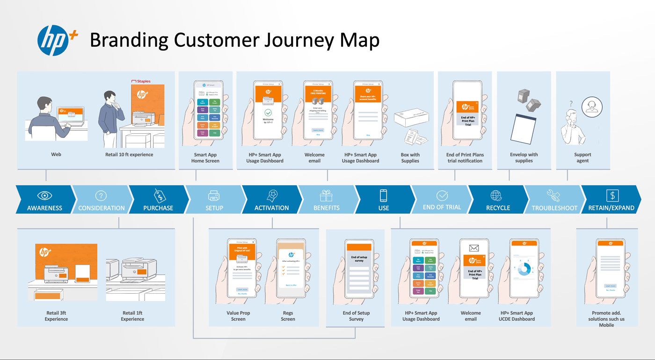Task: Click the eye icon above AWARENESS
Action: click(x=45, y=195)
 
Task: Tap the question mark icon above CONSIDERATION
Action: click(x=101, y=196)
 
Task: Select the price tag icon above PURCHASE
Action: click(x=159, y=195)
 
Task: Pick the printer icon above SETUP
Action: click(x=214, y=195)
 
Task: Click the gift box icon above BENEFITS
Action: click(x=326, y=195)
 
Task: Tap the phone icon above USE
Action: click(x=383, y=195)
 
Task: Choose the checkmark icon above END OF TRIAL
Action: click(x=442, y=195)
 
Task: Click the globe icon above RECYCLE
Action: click(x=496, y=195)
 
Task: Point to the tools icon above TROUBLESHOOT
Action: click(x=553, y=195)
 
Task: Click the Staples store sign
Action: click(x=141, y=81)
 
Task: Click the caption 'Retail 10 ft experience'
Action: click(x=129, y=155)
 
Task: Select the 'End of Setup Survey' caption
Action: click(x=356, y=316)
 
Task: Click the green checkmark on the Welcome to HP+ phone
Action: click(x=268, y=113)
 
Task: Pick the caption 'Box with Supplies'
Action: click(x=410, y=158)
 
